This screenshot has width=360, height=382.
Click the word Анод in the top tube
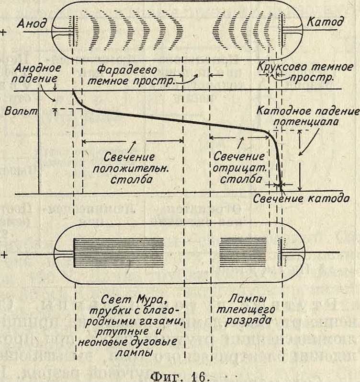(x=33, y=23)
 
